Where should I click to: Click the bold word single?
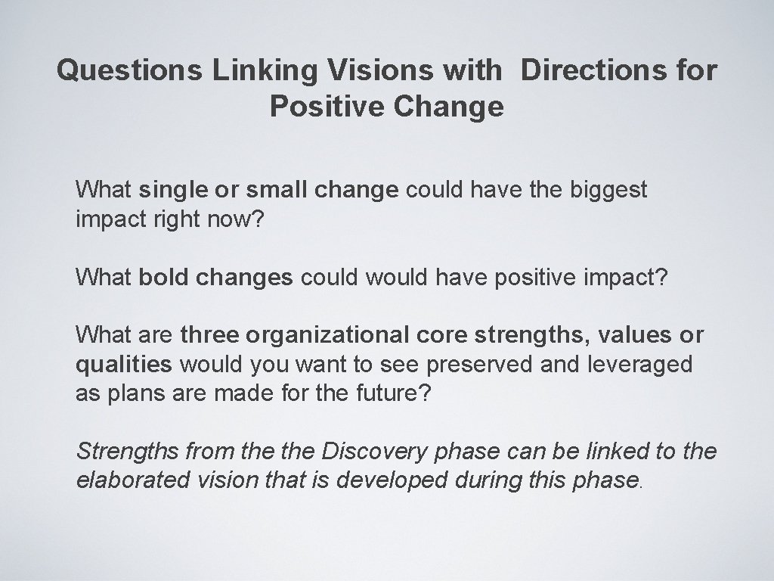(175, 190)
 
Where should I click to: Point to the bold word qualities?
(124, 365)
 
